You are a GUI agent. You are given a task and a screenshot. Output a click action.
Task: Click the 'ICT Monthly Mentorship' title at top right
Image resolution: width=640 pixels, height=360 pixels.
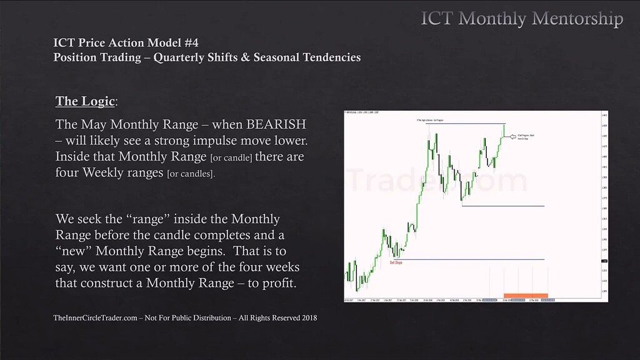tap(522, 19)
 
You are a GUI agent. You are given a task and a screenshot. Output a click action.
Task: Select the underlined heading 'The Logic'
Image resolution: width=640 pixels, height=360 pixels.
tap(84, 101)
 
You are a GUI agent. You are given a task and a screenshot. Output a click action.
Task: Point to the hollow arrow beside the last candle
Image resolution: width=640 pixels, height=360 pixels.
tap(516, 136)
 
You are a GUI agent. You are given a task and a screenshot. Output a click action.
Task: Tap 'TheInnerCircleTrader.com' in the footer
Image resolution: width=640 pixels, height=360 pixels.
tap(94, 318)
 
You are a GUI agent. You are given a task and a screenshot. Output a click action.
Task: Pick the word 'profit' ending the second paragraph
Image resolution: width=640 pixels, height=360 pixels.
tap(273, 283)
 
